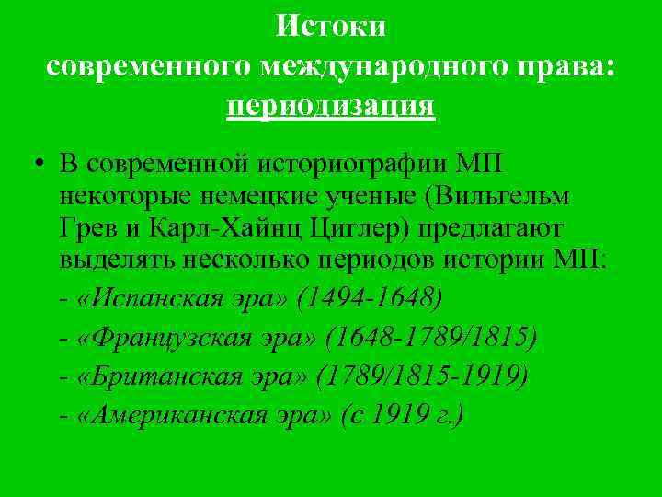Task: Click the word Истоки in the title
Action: pyautogui.click(x=331, y=27)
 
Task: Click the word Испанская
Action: pyautogui.click(x=146, y=297)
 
